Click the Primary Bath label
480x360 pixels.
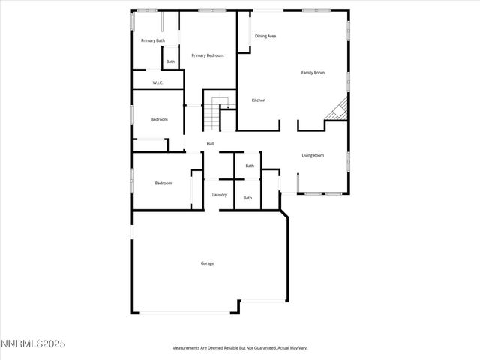pos(153,40)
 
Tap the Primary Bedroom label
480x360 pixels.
pos(207,55)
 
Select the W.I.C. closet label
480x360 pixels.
pos(157,82)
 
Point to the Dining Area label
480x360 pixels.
pos(265,36)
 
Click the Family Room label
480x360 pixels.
pos(313,73)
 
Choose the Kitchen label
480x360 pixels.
pos(258,100)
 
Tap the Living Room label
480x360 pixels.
pos(313,155)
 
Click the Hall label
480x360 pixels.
pos(211,144)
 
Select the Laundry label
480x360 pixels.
pos(219,195)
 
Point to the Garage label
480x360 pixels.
pos(207,263)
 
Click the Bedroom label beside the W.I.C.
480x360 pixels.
pos(158,120)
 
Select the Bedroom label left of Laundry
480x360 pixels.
pos(163,184)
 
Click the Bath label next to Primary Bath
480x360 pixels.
pos(170,61)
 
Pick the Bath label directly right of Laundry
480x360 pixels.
pos(247,198)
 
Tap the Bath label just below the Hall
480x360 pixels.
pos(250,166)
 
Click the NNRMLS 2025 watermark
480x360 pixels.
pos(33,343)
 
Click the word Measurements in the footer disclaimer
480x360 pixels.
pos(186,348)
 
